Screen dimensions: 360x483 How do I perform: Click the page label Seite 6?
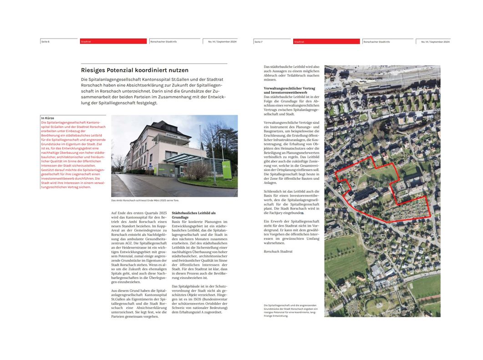(46, 41)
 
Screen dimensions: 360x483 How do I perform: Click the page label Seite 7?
(259, 41)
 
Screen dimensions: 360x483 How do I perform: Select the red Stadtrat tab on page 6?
(113, 41)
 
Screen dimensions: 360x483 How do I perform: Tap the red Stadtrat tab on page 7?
(326, 41)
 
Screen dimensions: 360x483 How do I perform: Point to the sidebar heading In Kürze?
(47, 118)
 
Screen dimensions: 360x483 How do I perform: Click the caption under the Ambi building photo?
(145, 201)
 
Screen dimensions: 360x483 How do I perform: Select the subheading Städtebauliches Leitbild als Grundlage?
(193, 215)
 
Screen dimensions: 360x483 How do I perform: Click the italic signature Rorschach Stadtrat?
(278, 251)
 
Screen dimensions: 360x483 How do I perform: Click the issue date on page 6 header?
(222, 41)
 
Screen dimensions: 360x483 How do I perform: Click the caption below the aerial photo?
(290, 310)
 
